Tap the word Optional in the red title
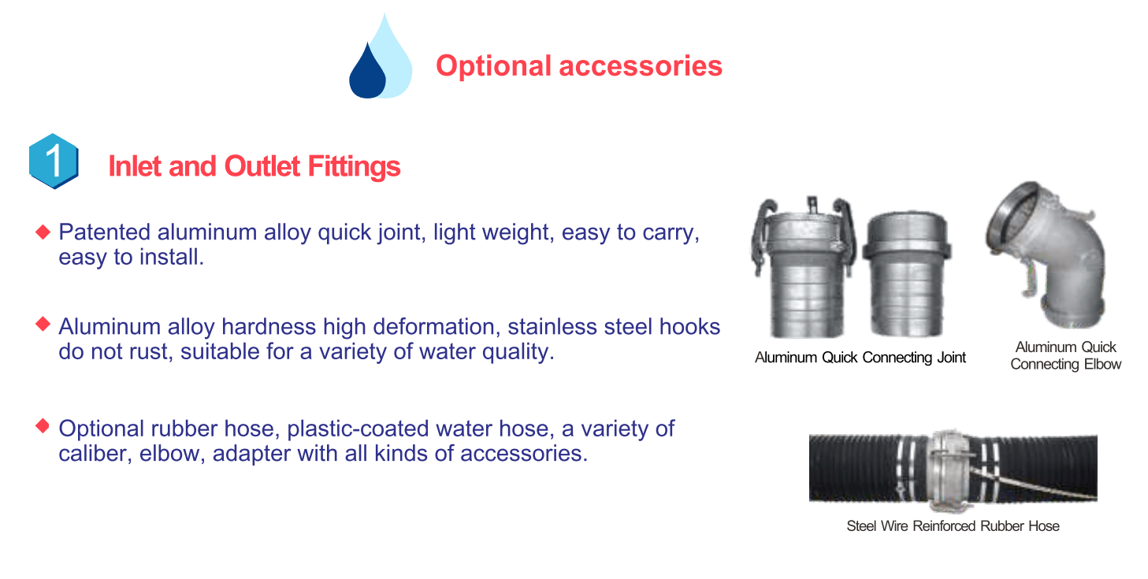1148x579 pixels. [493, 66]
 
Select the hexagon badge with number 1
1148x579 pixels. [54, 161]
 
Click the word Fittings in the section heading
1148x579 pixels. [354, 166]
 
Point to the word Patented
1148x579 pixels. [105, 232]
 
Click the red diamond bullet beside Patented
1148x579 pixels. [43, 232]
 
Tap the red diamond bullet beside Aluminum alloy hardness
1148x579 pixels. [43, 324]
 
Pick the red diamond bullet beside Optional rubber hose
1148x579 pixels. [43, 426]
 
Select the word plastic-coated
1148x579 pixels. [358, 429]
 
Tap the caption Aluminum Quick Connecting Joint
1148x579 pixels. [860, 358]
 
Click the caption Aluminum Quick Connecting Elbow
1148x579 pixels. [1066, 355]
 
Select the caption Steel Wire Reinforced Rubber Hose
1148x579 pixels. [953, 526]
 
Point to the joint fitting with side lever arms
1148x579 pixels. [803, 266]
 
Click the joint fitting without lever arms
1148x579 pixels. [907, 274]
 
